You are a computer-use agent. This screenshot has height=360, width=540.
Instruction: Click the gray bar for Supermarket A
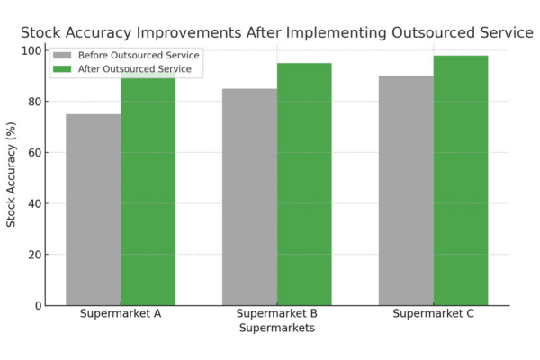(x=94, y=210)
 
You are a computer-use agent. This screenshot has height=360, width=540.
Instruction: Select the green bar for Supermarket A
(x=148, y=188)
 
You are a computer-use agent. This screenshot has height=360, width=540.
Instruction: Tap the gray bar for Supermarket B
(x=249, y=197)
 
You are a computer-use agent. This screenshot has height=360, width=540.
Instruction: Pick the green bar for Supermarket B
(x=304, y=184)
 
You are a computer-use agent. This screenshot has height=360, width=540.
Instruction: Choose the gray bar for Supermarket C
(x=406, y=191)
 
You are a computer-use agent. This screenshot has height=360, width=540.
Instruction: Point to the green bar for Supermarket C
(x=461, y=181)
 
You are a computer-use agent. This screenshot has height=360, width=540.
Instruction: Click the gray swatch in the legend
(x=62, y=56)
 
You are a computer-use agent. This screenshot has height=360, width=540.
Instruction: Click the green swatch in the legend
(x=62, y=69)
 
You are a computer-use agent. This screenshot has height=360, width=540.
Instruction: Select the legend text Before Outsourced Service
(x=139, y=56)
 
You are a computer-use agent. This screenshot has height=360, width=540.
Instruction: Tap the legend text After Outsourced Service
(x=135, y=69)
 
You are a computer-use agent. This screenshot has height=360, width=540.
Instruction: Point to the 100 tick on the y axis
(x=32, y=51)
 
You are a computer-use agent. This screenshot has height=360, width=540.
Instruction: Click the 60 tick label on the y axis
(x=35, y=153)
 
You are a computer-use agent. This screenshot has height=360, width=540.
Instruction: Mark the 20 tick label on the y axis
(x=35, y=255)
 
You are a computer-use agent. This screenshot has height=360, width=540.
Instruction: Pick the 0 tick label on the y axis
(x=39, y=306)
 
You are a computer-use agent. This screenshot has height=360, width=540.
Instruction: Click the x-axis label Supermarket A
(x=121, y=314)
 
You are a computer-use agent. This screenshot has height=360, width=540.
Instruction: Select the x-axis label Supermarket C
(x=433, y=314)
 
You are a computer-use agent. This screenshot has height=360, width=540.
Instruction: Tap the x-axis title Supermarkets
(x=277, y=328)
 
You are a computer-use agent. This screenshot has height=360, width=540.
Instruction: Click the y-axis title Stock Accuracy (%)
(x=11, y=175)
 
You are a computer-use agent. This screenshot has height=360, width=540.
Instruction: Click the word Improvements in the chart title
(x=189, y=33)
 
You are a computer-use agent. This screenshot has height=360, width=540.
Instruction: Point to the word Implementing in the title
(x=336, y=33)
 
